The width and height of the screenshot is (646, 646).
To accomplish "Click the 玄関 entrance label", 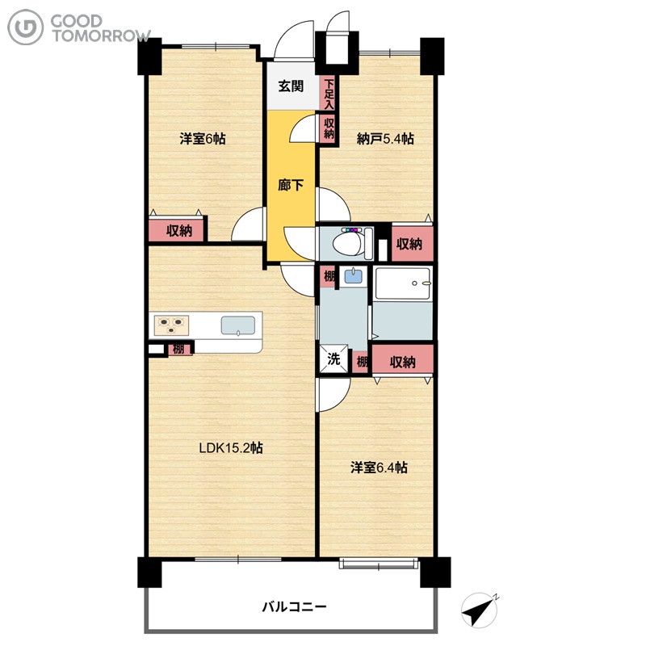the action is point(291,86).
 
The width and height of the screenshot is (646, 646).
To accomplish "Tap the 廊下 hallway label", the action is point(291,185).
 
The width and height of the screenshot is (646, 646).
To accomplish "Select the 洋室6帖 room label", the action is point(203,138).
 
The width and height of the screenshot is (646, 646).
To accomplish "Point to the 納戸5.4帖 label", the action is point(385,138).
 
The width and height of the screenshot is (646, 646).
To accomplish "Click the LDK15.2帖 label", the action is point(231,447).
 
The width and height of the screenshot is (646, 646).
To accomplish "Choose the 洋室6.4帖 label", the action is point(379,468).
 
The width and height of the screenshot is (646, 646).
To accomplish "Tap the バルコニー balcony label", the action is point(294,606).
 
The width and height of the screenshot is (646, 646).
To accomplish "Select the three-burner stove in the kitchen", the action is point(171,325).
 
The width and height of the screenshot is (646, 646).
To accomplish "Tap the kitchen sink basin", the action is point(237,325).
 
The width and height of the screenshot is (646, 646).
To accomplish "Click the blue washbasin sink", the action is point(353,275).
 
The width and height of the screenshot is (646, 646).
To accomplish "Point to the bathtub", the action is point(403,283).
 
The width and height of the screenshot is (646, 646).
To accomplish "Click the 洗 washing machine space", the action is point(333,359).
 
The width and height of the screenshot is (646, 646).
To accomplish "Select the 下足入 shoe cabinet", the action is point(329,94).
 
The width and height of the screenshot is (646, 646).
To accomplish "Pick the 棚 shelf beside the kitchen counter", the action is point(179,349).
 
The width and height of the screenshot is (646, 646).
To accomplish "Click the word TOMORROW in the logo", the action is point(101,36).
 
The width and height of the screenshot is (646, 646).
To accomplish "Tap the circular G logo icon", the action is point(26,27).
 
